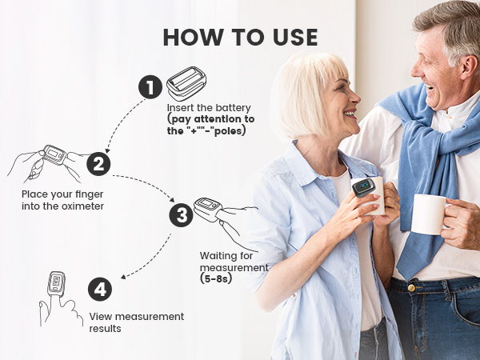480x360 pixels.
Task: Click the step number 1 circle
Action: point(150,87)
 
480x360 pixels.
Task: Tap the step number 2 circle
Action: point(98,164)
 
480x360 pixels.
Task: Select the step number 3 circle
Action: point(182,215)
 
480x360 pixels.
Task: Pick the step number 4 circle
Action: point(100,290)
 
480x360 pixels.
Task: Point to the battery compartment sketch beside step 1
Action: point(186,83)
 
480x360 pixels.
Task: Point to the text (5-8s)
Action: point(216,279)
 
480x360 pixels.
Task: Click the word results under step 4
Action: point(105,329)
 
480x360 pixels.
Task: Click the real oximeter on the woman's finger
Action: point(363,187)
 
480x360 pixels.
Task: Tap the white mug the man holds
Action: point(429,214)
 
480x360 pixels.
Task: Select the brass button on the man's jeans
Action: point(411,288)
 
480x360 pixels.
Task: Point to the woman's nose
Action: point(355,97)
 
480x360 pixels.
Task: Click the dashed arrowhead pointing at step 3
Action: point(172,199)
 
